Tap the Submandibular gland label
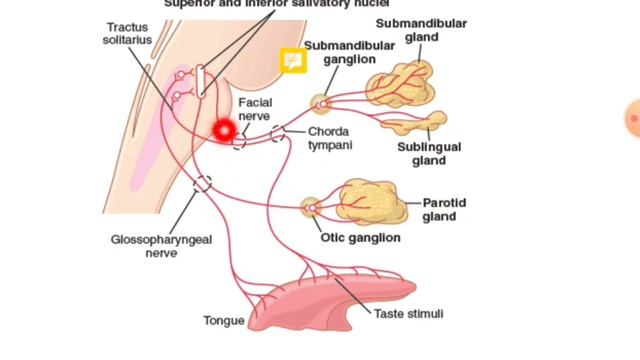[407, 30]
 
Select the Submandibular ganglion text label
[339, 53]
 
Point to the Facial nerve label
[254, 109]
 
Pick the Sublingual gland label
[429, 153]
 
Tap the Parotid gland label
[445, 209]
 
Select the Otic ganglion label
[360, 238]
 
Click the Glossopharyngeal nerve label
[145, 246]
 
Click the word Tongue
[223, 321]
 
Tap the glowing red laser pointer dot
[223, 129]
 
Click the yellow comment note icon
[294, 60]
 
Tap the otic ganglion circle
[311, 208]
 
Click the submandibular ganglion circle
[321, 102]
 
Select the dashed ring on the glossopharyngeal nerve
[203, 183]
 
